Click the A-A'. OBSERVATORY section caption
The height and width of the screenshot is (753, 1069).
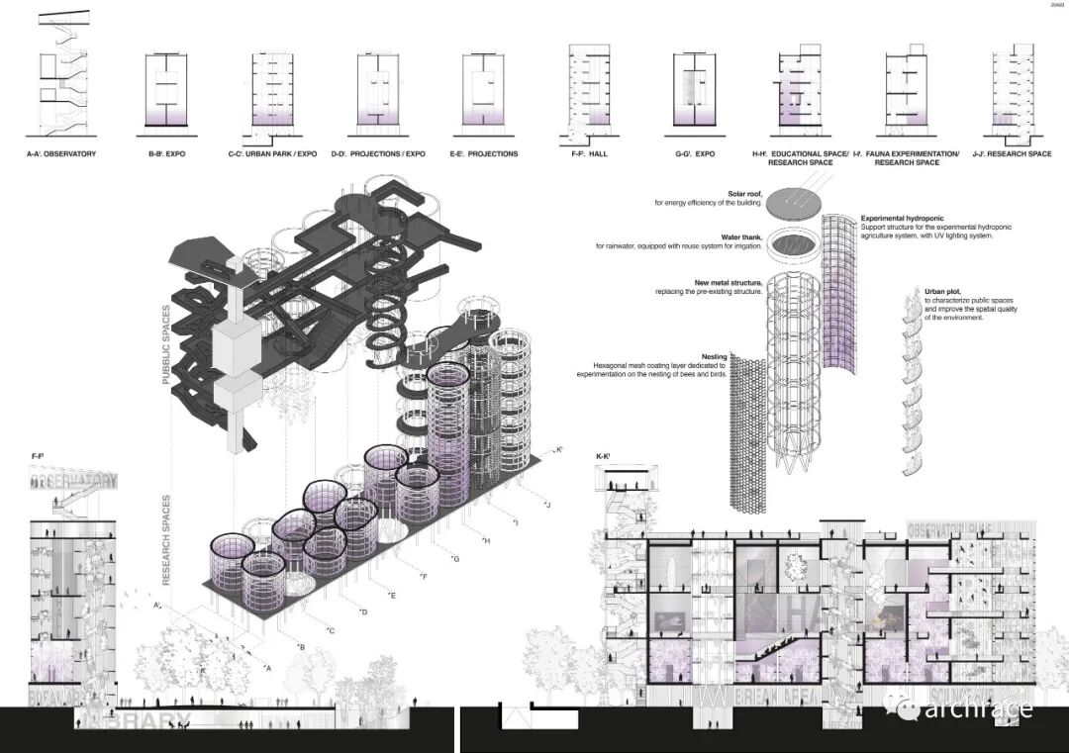(x=61, y=153)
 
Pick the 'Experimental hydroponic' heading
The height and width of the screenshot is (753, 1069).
(x=902, y=218)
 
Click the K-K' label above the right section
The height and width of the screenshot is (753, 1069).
(x=604, y=456)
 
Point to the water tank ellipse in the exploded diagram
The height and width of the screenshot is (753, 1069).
(x=785, y=241)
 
